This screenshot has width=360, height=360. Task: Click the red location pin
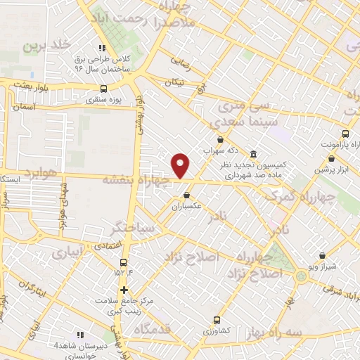(181, 165)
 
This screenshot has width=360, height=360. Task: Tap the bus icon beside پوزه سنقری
(104, 89)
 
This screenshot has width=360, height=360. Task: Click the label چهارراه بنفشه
(137, 179)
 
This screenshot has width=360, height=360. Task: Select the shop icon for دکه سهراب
(220, 140)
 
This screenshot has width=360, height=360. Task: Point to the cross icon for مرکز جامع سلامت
(124, 289)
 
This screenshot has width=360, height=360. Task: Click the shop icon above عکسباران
(186, 195)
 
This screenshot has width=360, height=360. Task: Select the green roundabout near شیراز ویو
(302, 275)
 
